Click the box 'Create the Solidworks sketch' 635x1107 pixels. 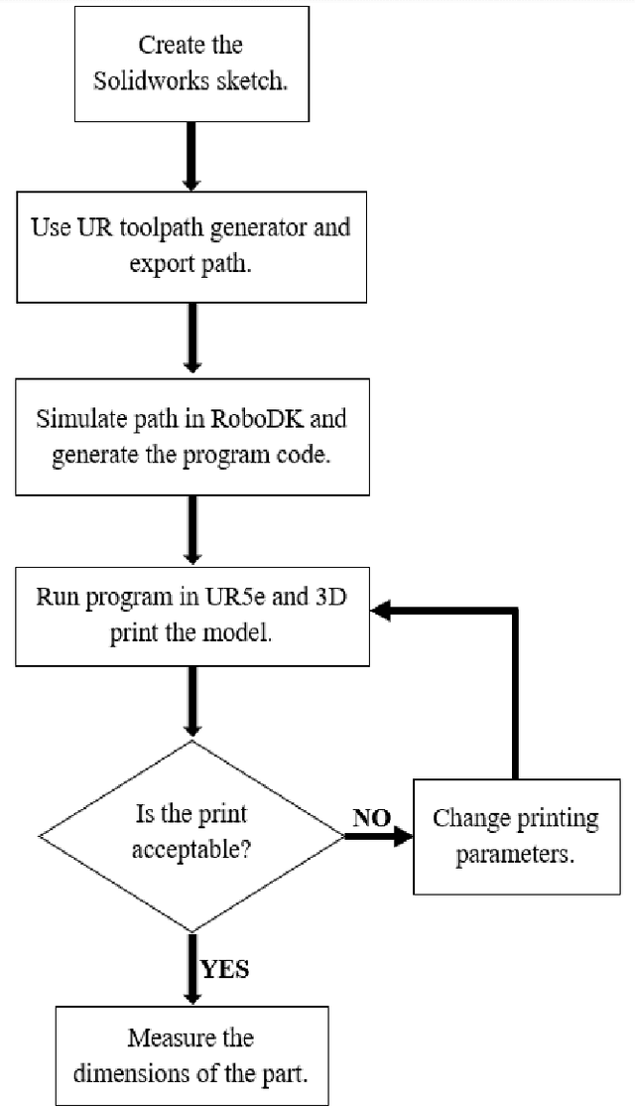click(190, 61)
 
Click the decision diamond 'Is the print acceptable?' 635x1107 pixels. click(190, 835)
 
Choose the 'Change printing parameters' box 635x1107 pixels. click(515, 836)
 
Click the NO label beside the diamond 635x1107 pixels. click(372, 817)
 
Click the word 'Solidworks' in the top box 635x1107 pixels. click(140, 82)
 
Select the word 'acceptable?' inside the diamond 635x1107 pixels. click(190, 851)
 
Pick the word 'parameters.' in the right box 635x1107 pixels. click(515, 855)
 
